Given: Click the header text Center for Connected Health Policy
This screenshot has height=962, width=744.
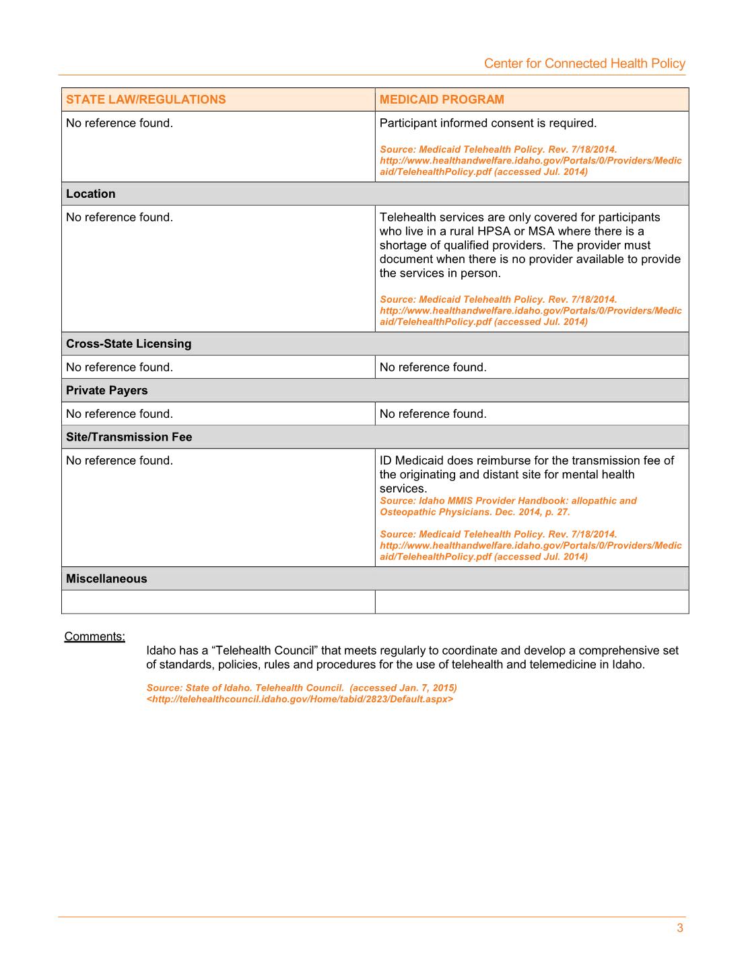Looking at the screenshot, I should (x=584, y=63).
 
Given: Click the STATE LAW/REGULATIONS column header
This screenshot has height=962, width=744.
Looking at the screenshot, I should (x=145, y=100).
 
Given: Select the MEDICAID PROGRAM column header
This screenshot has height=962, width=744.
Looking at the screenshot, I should (x=442, y=100).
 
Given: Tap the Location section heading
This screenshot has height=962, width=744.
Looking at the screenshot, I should (x=91, y=194).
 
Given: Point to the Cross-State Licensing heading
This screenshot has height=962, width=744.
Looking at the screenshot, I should (x=129, y=344).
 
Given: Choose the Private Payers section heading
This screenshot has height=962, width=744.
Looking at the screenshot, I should (x=106, y=390).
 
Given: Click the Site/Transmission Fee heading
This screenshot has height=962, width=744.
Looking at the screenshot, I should (x=129, y=437).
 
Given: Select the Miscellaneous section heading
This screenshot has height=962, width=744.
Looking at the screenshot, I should (x=106, y=579).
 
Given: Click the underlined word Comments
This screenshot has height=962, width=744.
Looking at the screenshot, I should (x=94, y=636).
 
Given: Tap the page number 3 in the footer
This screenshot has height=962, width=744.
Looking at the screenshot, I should (x=680, y=928).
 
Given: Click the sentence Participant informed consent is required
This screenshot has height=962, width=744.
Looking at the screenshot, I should (x=488, y=123).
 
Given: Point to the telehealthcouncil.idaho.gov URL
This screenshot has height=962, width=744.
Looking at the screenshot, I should (x=300, y=699).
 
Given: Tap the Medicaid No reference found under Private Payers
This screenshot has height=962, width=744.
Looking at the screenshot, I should (x=433, y=414).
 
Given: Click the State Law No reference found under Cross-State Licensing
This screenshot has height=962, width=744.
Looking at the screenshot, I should (x=119, y=367).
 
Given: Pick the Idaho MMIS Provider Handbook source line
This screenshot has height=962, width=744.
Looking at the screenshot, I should (x=508, y=501).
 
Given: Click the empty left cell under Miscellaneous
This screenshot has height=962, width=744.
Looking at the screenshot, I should (x=218, y=602).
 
